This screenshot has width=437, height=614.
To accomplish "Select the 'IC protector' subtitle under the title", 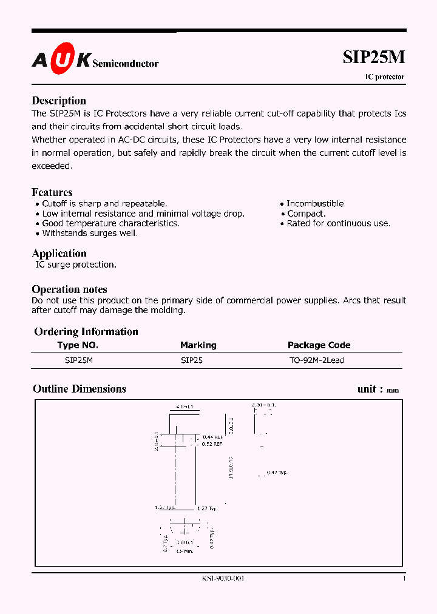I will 384,77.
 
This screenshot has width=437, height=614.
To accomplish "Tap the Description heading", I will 59,101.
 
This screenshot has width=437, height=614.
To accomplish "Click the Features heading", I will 52,192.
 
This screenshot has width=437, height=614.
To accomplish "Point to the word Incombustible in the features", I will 315,204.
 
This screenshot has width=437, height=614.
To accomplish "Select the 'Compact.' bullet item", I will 306,214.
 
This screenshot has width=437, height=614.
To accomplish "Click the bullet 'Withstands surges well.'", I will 90,233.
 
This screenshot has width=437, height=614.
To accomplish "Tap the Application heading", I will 59,253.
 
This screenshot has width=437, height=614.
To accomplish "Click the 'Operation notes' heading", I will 69,289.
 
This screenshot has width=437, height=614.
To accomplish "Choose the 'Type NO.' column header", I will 78,345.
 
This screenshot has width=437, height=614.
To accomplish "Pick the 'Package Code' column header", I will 319,345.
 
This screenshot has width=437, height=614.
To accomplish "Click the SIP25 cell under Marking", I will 192,360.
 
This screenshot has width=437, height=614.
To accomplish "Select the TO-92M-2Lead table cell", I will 317,360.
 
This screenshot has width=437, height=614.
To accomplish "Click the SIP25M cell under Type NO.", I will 79,360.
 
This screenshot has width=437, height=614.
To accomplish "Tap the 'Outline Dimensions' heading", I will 80,389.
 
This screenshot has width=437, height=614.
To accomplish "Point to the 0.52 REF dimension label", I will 212,444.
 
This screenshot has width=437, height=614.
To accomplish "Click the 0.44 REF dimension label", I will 212,437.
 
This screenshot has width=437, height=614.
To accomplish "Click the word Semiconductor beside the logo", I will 126,63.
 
